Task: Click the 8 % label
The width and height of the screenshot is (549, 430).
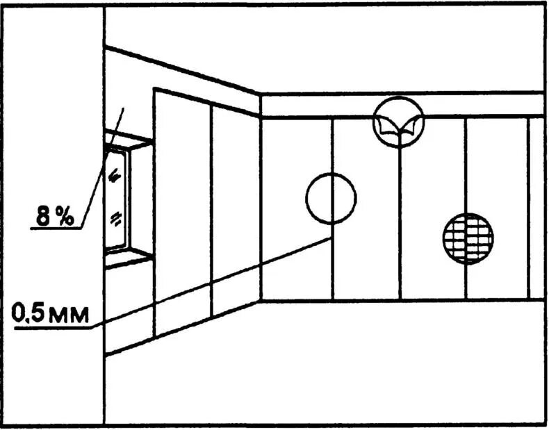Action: [55, 216]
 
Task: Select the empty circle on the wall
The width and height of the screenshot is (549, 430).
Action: [331, 198]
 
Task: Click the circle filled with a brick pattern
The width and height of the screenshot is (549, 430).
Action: [468, 238]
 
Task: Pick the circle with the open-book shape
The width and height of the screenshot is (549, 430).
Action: [398, 122]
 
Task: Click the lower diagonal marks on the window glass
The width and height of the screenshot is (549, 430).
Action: [115, 219]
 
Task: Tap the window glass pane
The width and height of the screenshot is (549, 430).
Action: [116, 198]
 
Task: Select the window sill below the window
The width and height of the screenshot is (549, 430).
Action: [127, 258]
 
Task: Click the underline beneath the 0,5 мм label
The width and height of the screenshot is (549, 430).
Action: [52, 327]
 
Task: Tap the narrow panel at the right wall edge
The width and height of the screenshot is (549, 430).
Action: [536, 208]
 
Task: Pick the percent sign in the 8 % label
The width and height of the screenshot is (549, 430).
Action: [65, 216]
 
